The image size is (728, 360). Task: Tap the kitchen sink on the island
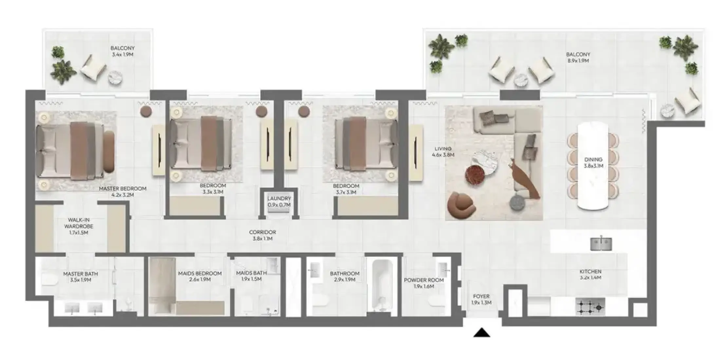tap(601, 244)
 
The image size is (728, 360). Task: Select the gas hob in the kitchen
tap(590, 307)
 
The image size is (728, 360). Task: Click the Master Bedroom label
tap(122, 189)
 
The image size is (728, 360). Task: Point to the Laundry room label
tap(279, 198)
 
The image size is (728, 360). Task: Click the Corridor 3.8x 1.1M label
tap(263, 235)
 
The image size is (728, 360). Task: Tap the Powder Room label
tap(424, 280)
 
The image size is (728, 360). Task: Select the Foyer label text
tap(481, 296)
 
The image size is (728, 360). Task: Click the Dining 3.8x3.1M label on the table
tap(593, 163)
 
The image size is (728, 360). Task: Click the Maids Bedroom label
tap(200, 273)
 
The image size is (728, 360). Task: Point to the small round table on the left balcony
tap(116, 79)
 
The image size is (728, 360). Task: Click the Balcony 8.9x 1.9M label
tap(578, 58)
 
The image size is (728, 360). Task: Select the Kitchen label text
tap(590, 271)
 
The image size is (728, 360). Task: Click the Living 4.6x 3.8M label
tap(443, 152)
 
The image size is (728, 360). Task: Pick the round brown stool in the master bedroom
tap(146, 111)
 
